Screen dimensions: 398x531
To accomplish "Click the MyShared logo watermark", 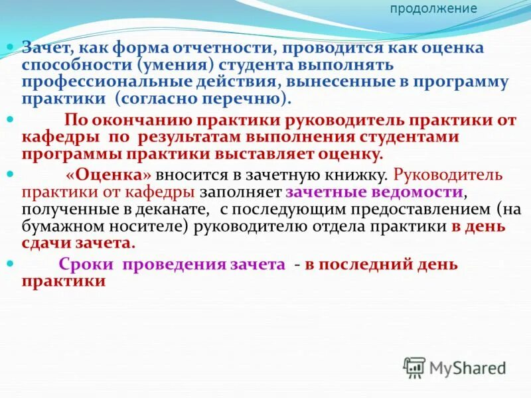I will (x=455, y=366).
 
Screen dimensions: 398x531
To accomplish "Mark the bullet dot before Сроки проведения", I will (x=11, y=263).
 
